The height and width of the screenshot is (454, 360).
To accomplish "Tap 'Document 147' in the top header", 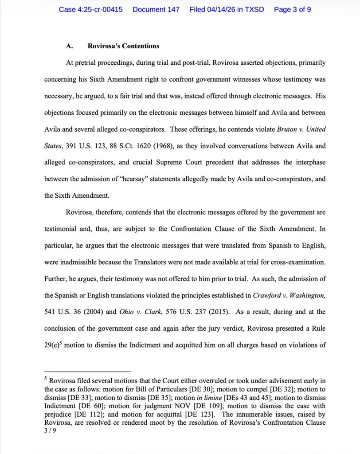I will point(156,9).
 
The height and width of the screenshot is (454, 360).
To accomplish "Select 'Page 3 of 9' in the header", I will point(293,9).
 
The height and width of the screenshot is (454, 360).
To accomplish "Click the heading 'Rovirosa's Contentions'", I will point(123,46).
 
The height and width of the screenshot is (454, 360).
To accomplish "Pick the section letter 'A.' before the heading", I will point(69,46).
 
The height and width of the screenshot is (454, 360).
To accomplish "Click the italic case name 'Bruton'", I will point(287,129).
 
